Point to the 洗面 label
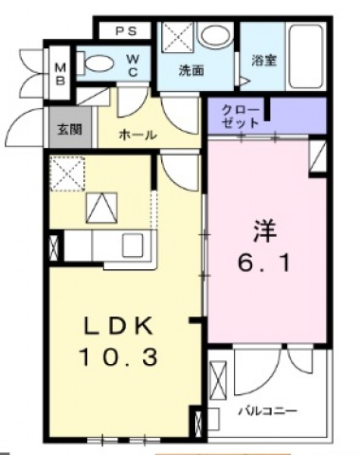click(191, 69)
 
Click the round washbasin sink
click(217, 36)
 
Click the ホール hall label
click(137, 136)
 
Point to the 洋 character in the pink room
click(263, 227)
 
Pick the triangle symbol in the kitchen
click(99, 209)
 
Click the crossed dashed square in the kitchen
click(69, 173)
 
